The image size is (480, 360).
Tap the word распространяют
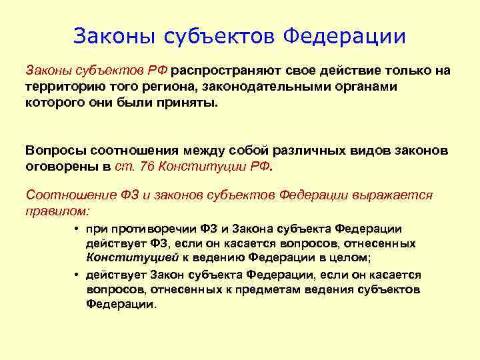click(x=228, y=71)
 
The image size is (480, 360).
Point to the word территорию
click(x=61, y=87)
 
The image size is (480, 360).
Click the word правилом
click(x=56, y=211)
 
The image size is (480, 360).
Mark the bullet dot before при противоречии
click(x=78, y=229)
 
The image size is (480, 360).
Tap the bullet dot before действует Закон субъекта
click(x=78, y=275)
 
